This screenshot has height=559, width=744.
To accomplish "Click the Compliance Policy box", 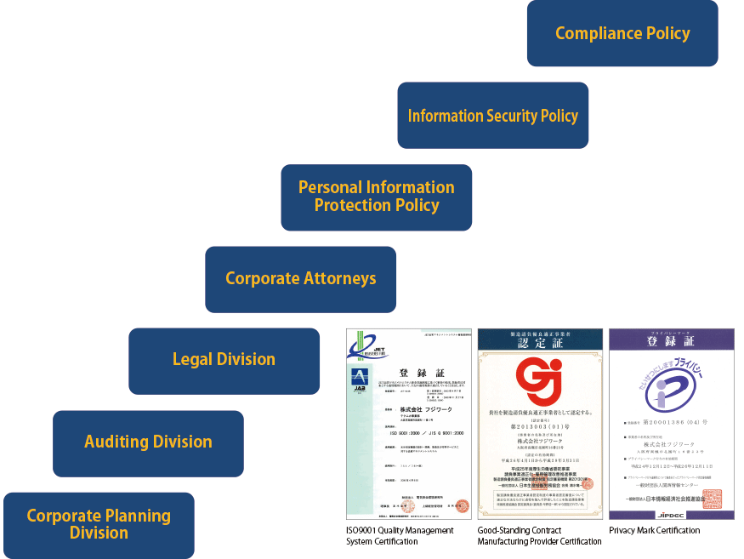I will click(622, 33).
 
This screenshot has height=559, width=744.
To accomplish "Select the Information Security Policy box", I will click(492, 116).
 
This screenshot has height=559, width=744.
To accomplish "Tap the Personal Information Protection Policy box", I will click(376, 197).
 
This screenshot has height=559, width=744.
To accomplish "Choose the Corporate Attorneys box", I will click(300, 278).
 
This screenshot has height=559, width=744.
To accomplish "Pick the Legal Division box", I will click(224, 360).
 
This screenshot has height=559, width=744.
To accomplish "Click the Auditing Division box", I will click(148, 442).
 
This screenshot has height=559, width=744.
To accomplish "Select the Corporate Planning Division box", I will click(99, 524).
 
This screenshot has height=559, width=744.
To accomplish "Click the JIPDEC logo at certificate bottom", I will click(672, 514).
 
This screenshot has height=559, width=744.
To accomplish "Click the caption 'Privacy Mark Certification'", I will click(655, 531).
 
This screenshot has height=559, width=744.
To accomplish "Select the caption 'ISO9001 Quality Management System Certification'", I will click(400, 536).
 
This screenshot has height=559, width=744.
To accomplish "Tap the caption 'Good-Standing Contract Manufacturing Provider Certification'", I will click(539, 536).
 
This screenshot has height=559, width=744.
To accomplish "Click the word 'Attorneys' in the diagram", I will click(337, 278).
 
